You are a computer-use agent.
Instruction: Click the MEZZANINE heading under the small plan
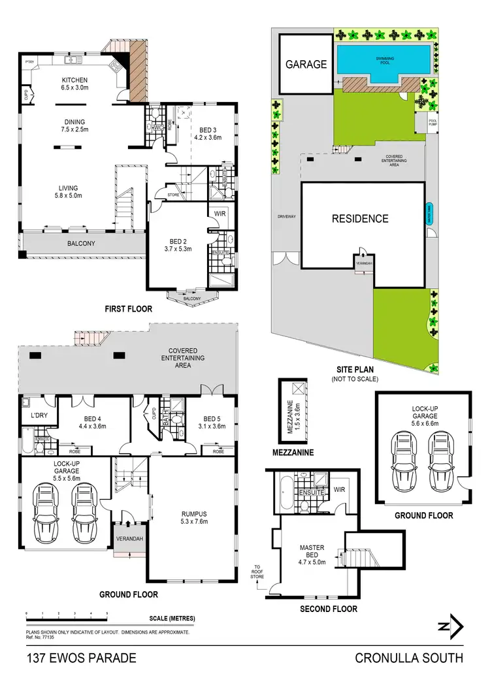pos(294,452)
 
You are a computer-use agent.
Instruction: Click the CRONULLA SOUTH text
pos(409,658)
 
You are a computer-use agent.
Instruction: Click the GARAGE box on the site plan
pos(305,64)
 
